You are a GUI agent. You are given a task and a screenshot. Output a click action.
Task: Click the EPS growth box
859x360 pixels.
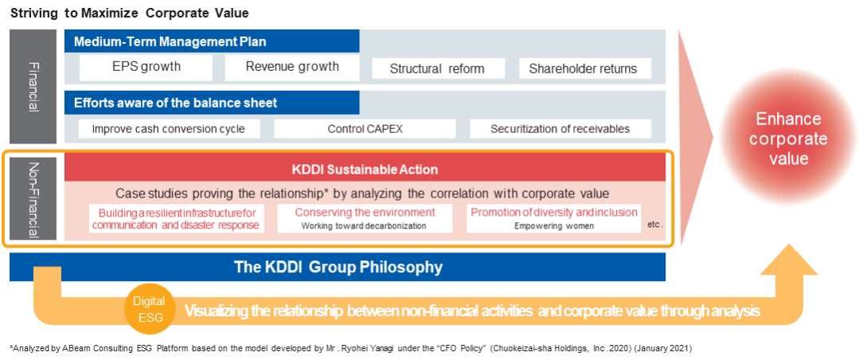click(146, 67)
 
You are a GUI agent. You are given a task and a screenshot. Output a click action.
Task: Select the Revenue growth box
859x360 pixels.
click(292, 67)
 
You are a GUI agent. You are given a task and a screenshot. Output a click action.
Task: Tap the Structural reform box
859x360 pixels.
click(437, 68)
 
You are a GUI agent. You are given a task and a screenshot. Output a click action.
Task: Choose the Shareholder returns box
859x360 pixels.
click(583, 68)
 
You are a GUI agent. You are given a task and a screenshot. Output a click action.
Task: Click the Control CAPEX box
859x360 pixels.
click(365, 129)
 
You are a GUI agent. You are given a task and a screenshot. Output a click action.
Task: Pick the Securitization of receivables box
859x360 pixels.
click(560, 129)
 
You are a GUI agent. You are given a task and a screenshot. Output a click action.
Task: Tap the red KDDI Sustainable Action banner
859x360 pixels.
click(364, 169)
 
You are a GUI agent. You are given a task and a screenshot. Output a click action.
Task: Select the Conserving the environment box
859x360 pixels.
click(365, 218)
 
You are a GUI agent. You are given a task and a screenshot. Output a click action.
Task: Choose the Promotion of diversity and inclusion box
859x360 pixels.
click(553, 218)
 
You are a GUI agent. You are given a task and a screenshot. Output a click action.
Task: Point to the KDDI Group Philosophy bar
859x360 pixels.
click(338, 267)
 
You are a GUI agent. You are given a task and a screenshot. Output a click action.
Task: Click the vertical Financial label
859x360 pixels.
click(33, 87)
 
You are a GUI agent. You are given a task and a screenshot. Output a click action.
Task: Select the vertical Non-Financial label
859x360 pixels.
click(33, 198)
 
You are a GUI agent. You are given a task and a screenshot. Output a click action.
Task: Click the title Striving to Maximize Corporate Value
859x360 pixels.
click(130, 13)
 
